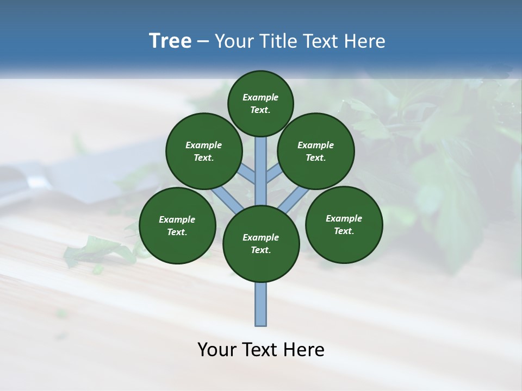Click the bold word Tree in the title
click(x=170, y=41)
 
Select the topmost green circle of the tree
click(x=260, y=103)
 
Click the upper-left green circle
click(x=204, y=152)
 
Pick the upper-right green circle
click(x=316, y=152)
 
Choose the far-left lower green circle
click(x=177, y=226)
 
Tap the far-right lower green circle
click(x=344, y=225)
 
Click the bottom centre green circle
click(x=261, y=244)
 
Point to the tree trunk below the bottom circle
click(x=261, y=304)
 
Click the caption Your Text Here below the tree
click(x=261, y=350)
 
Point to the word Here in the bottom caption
click(x=305, y=350)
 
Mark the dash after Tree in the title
click(x=203, y=42)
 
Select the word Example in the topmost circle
click(x=260, y=98)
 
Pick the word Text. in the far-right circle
click(x=344, y=231)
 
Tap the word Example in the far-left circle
click(x=177, y=220)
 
